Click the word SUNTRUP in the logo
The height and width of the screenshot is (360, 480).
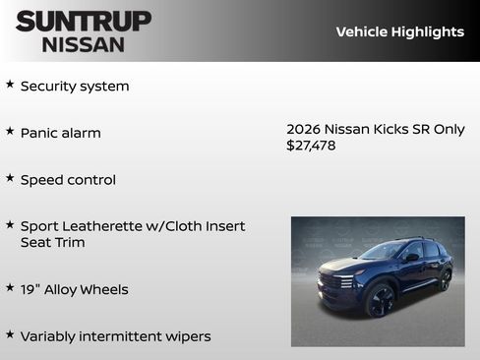(84, 21)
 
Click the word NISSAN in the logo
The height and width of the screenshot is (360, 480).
(84, 43)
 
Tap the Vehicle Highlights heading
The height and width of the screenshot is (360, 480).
(399, 31)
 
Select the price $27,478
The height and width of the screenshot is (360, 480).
(310, 145)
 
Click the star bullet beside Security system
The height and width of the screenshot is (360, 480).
(10, 85)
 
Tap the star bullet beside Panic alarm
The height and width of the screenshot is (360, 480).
(10, 131)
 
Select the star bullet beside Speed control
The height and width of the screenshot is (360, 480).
(10, 178)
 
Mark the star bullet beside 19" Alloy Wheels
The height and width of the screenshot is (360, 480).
(10, 288)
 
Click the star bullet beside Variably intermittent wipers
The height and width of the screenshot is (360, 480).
(10, 335)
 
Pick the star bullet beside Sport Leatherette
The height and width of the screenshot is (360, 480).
(10, 225)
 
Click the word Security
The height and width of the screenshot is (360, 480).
(47, 87)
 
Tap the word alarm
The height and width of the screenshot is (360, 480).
(80, 133)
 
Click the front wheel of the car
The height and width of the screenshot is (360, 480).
(380, 300)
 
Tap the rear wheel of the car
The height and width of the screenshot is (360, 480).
(445, 280)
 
